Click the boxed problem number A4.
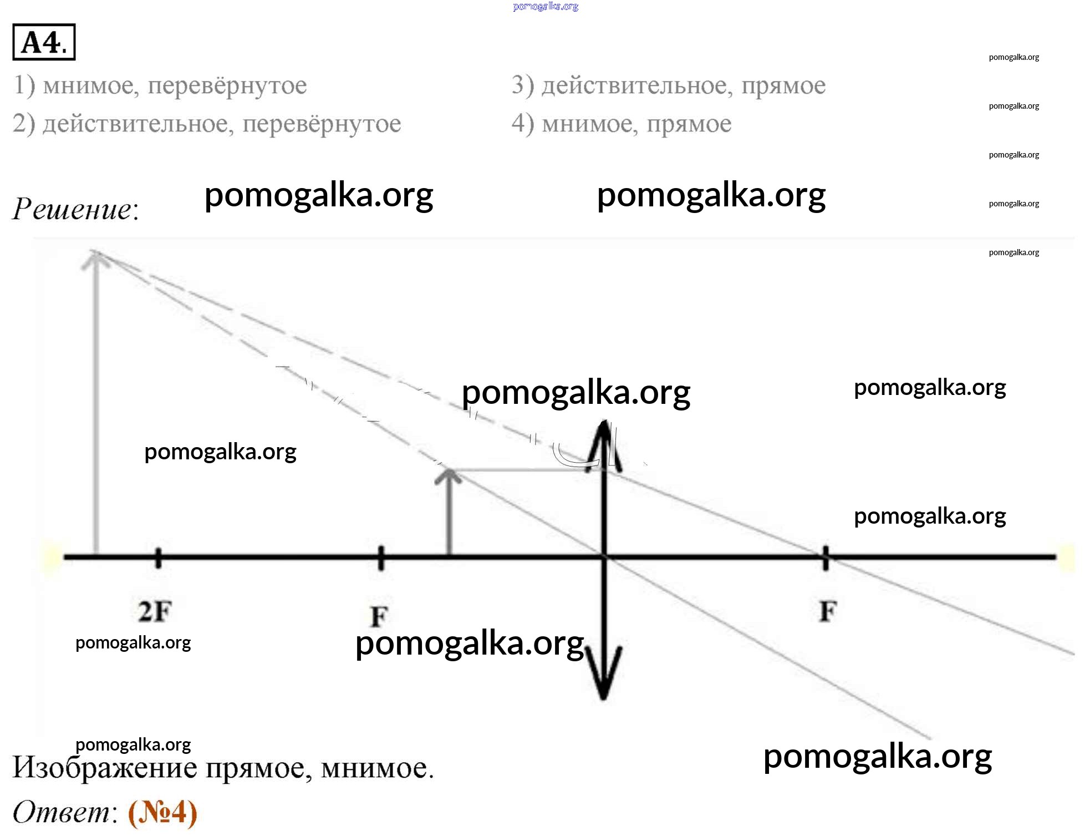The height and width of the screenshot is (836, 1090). [x=44, y=42]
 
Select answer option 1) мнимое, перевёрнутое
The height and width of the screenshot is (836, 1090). [x=160, y=85]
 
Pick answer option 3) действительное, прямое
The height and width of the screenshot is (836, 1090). [x=669, y=85]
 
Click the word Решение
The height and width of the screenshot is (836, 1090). [x=75, y=209]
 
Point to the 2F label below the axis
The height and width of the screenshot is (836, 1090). [x=155, y=611]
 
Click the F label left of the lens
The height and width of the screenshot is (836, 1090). [x=379, y=616]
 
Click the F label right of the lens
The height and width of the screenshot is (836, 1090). [x=828, y=611]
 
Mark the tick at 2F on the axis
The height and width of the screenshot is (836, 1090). [x=158, y=558]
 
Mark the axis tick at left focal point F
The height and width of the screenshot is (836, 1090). [x=381, y=558]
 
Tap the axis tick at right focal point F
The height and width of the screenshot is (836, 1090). [x=826, y=558]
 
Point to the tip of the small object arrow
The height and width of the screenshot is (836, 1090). [x=449, y=470]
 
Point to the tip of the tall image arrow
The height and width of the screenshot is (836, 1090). [x=96, y=251]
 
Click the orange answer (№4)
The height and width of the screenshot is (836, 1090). [x=162, y=813]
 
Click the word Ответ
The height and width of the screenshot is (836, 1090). [x=64, y=813]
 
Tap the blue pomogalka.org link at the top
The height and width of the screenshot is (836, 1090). [x=546, y=7]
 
